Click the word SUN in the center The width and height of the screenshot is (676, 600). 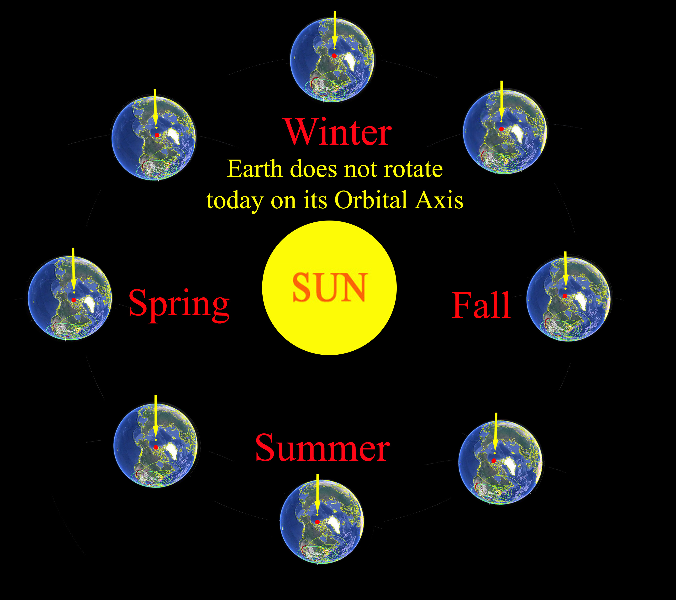[330, 287]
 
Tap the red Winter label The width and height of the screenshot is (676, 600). [338, 132]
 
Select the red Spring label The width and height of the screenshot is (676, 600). [179, 305]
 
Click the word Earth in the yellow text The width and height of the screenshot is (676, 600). [255, 169]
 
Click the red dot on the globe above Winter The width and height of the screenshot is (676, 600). [334, 56]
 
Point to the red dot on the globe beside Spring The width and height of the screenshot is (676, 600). [74, 300]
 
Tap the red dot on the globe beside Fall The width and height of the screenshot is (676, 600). [565, 296]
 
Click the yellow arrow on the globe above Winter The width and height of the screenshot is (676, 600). [335, 30]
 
